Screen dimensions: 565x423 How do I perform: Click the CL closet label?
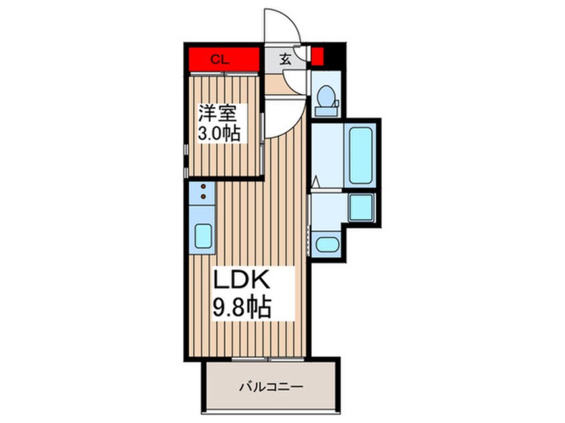pyautogui.click(x=220, y=59)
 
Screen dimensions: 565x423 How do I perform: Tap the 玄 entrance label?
pyautogui.click(x=285, y=59)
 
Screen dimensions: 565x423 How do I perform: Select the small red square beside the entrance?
pyautogui.click(x=317, y=57)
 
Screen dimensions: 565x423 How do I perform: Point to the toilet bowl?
pyautogui.click(x=327, y=96)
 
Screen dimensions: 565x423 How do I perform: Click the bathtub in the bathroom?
pyautogui.click(x=361, y=155)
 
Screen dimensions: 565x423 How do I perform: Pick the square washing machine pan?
pyautogui.click(x=361, y=208)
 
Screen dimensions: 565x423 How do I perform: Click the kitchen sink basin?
pyautogui.click(x=203, y=236)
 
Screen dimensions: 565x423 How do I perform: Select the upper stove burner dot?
pyautogui.click(x=203, y=186)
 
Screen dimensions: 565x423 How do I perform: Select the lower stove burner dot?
pyautogui.click(x=203, y=197)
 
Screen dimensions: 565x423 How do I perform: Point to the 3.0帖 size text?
pyautogui.click(x=219, y=133)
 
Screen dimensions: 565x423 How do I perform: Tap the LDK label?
pyautogui.click(x=241, y=280)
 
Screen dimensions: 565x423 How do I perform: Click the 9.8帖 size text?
pyautogui.click(x=242, y=307)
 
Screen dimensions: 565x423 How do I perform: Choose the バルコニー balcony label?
pyautogui.click(x=271, y=388)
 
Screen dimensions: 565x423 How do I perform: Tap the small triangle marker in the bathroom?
pyautogui.click(x=316, y=182)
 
